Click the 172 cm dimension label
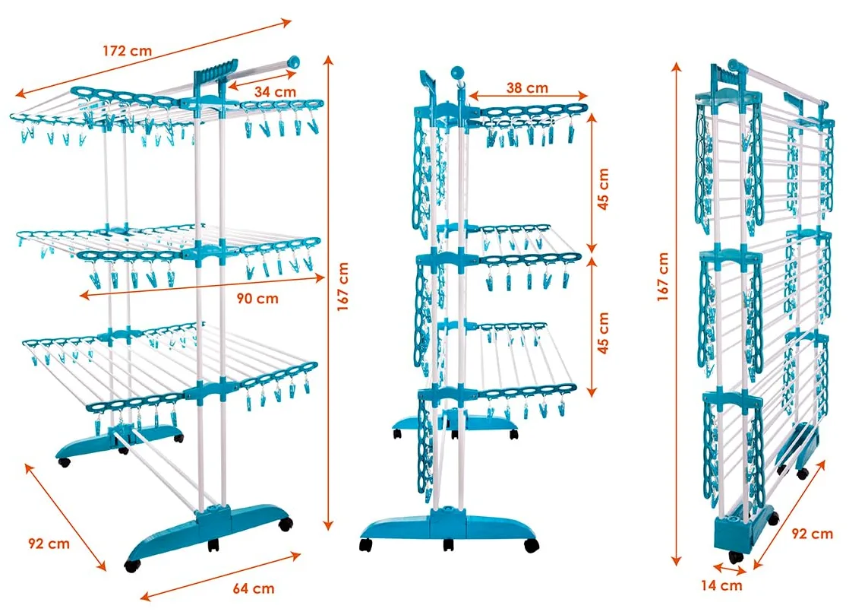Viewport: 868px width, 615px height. (127, 51)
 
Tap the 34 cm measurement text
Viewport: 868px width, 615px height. (275, 91)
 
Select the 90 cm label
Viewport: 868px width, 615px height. (257, 299)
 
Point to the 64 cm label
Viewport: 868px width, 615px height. (254, 588)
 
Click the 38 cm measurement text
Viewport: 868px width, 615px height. (527, 88)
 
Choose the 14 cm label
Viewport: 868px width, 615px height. (721, 585)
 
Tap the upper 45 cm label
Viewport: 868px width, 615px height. (603, 189)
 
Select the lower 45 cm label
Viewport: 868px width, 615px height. (603, 333)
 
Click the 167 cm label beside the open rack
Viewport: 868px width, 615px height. (342, 287)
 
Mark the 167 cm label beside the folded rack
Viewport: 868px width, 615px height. (663, 277)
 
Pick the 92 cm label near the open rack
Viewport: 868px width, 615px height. (49, 544)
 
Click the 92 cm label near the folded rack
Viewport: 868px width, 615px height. (812, 534)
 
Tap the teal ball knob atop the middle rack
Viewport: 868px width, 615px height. (457, 73)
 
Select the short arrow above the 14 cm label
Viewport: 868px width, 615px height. (730, 569)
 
